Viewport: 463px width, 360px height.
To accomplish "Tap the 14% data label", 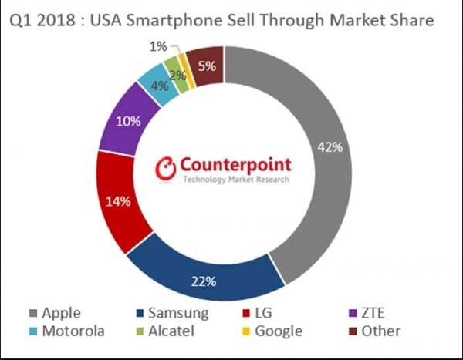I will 118,202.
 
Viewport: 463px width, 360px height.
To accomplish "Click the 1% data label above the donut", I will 158,46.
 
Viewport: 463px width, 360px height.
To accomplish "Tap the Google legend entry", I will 272,332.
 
